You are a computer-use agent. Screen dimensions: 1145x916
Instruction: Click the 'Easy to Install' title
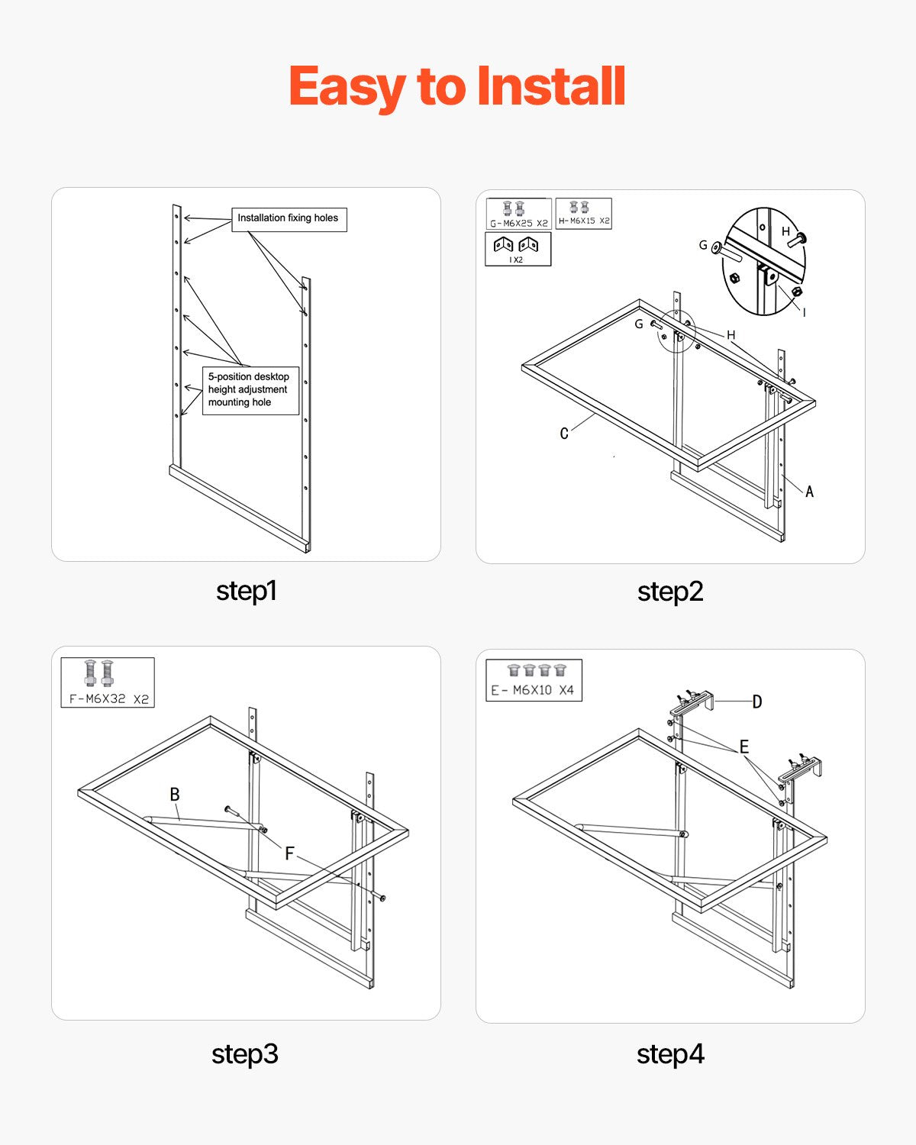(457, 86)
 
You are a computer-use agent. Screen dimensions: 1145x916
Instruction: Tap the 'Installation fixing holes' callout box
(289, 219)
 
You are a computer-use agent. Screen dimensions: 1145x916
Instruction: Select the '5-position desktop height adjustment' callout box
(250, 390)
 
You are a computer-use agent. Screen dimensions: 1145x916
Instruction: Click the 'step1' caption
(246, 591)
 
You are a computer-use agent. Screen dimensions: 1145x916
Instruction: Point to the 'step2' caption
(670, 592)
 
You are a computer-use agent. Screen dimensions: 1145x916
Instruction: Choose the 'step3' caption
(245, 1054)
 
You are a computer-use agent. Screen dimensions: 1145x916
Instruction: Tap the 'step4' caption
(670, 1054)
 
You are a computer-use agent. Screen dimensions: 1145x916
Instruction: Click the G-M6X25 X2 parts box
(519, 214)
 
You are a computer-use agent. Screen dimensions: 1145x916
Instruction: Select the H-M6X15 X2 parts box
(584, 213)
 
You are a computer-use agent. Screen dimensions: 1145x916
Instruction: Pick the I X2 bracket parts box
(518, 249)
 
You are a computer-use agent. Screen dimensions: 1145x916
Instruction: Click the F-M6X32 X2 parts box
(108, 682)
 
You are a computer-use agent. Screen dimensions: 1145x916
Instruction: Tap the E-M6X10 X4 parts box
(534, 680)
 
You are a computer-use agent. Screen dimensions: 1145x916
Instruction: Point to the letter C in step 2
(564, 434)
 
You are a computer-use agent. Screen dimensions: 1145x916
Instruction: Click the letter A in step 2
(809, 492)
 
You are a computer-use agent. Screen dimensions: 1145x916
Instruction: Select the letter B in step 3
(175, 795)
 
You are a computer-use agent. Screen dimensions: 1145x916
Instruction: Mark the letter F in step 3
(289, 853)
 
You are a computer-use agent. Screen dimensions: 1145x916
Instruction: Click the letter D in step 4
(756, 702)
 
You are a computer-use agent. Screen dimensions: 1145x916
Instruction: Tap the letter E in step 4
(743, 747)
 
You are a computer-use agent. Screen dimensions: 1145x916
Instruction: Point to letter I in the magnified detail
(804, 312)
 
